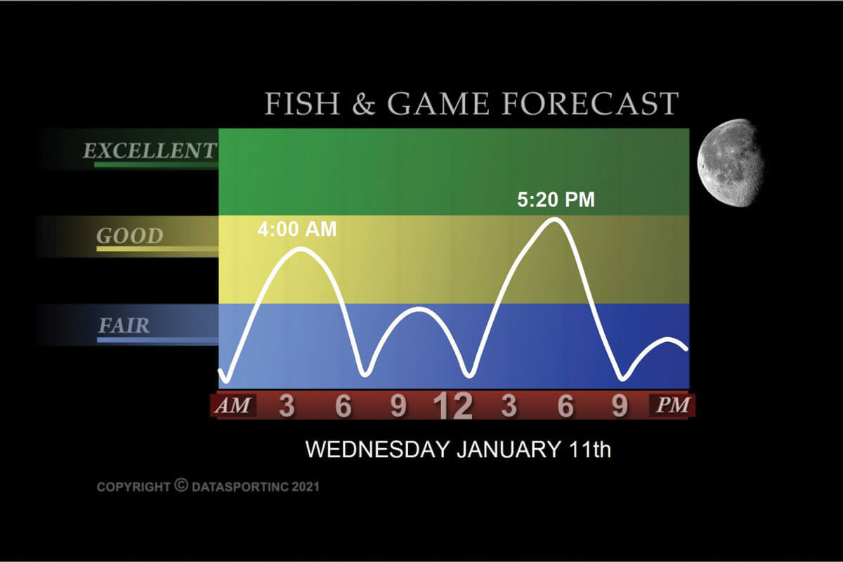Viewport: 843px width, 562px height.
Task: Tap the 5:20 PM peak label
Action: (x=556, y=200)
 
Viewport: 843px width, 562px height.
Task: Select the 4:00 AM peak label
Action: (x=297, y=229)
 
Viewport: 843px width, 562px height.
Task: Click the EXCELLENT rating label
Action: (x=150, y=150)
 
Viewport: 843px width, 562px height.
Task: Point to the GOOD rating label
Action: (x=130, y=236)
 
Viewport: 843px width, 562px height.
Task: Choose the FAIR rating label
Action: (x=124, y=325)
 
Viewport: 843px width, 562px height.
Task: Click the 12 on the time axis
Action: (x=452, y=406)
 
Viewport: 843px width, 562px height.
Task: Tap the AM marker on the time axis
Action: (x=233, y=405)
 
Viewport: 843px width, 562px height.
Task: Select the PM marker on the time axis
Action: (x=672, y=405)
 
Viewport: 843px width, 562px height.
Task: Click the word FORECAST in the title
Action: (x=591, y=103)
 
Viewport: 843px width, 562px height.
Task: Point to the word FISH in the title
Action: (x=302, y=103)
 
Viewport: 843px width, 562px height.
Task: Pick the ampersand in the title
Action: (x=364, y=104)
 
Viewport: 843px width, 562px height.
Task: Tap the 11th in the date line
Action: (x=589, y=449)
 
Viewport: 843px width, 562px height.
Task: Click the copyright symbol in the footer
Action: (x=181, y=485)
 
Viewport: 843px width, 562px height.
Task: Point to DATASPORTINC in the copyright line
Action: (x=240, y=487)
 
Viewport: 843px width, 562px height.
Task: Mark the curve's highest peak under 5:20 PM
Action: (x=555, y=220)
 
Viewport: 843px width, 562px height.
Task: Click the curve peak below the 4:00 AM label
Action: (x=301, y=249)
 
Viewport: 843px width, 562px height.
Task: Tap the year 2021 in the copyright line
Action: (x=306, y=487)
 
